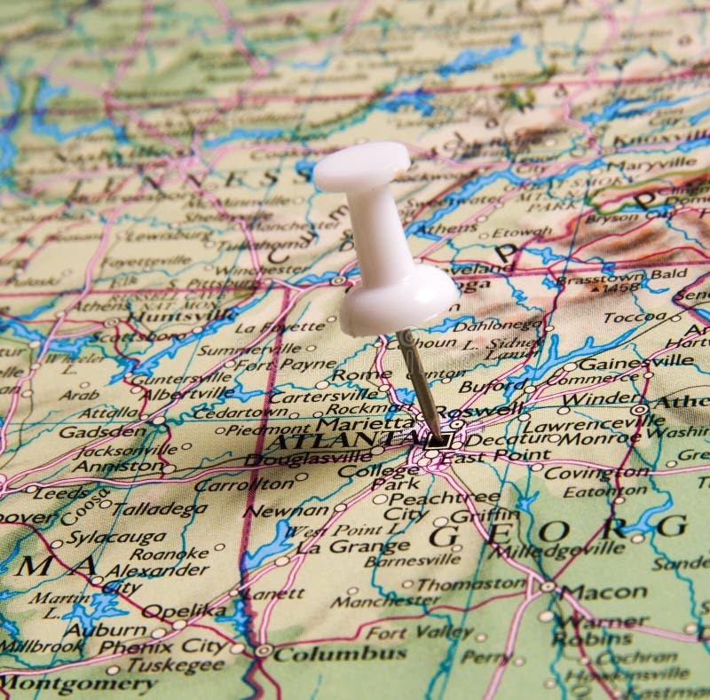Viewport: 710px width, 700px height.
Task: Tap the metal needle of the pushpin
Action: click(x=419, y=381)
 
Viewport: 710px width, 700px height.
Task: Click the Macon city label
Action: click(x=603, y=592)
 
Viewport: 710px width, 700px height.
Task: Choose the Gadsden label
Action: click(x=101, y=432)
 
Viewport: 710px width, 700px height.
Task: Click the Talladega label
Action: click(x=160, y=509)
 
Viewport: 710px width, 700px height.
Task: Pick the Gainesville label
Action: click(x=635, y=362)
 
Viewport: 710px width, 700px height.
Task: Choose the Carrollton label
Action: click(x=243, y=485)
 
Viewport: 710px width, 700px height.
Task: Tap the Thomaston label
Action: click(x=470, y=585)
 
